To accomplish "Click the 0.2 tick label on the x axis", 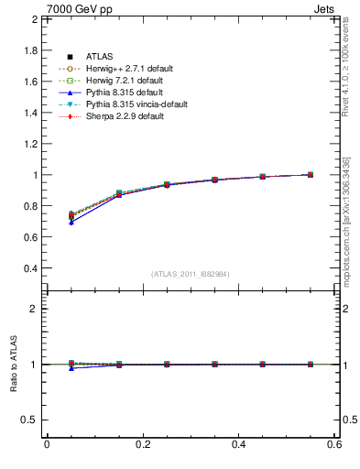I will (142, 444).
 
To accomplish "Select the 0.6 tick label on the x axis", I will (333, 444).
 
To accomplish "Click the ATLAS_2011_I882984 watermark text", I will (191, 274).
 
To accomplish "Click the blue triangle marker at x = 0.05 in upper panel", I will (71, 223).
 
